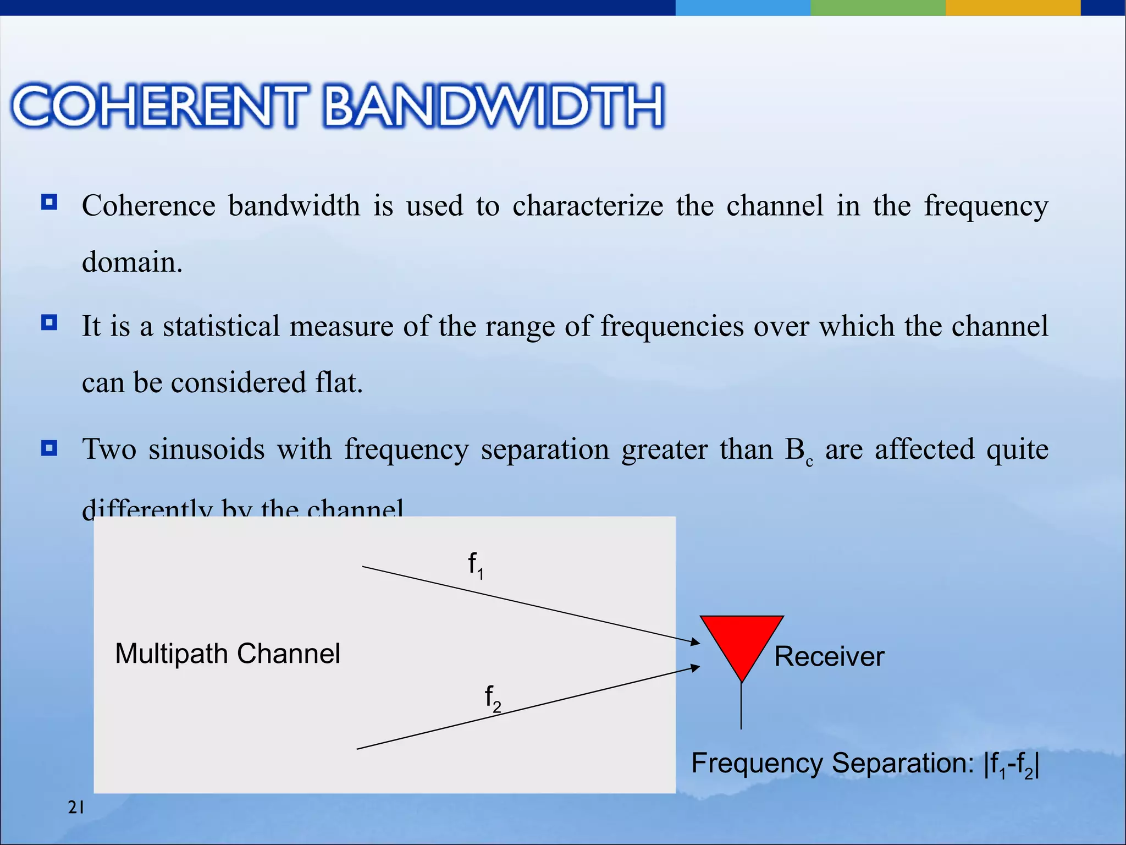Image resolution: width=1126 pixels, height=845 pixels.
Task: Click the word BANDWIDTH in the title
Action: (x=494, y=106)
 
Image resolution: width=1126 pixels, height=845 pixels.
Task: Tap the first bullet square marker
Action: (x=49, y=202)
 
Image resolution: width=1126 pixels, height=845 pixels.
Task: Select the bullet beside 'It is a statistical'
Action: (x=49, y=322)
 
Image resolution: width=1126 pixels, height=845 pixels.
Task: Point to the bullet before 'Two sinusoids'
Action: (x=49, y=448)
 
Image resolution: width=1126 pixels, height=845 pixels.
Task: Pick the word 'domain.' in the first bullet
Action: (x=132, y=262)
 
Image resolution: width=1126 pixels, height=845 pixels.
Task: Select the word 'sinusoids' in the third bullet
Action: (x=207, y=449)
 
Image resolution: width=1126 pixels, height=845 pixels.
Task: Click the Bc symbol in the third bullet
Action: (x=798, y=451)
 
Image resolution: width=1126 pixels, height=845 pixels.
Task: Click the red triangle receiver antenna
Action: (x=741, y=641)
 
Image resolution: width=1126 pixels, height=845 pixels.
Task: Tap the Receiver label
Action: (x=829, y=656)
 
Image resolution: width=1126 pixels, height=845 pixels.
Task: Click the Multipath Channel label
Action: (x=228, y=654)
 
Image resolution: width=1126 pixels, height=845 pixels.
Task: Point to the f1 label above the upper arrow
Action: (x=476, y=566)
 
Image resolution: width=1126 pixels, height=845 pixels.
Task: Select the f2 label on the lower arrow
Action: (x=493, y=698)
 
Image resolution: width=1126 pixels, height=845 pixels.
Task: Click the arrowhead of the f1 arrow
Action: (x=696, y=641)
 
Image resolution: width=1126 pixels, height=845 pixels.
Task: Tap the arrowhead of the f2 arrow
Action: (x=696, y=667)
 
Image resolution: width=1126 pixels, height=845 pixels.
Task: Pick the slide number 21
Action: (x=76, y=808)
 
